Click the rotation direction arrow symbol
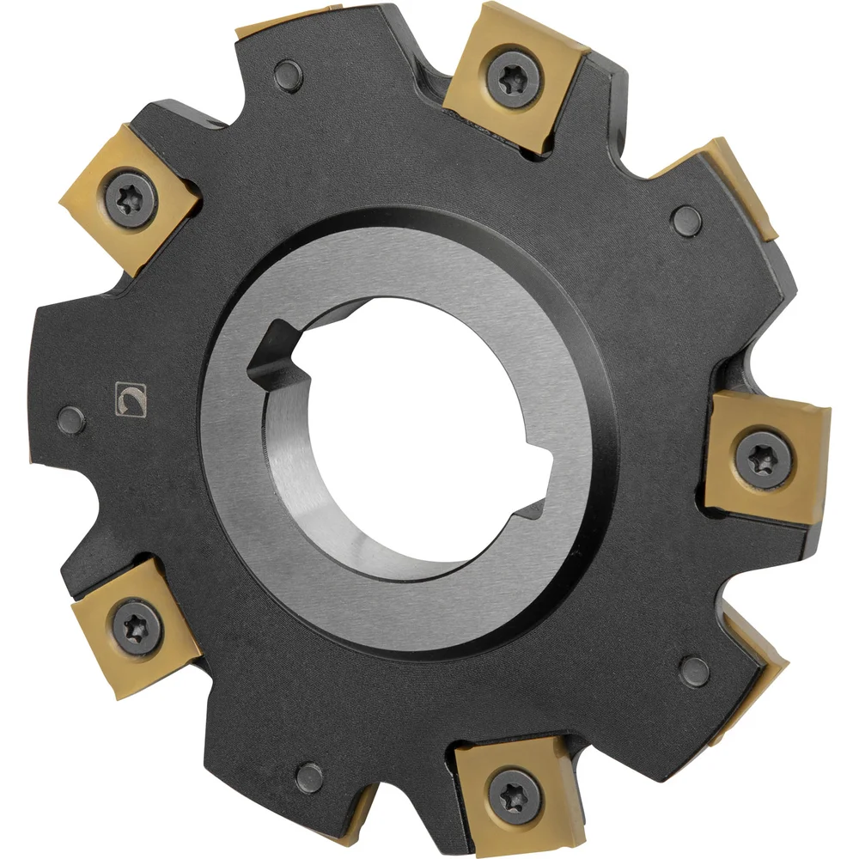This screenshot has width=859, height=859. click(x=131, y=399)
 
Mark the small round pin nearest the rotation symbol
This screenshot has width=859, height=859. click(x=73, y=421)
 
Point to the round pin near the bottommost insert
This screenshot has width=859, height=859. click(x=308, y=777)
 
